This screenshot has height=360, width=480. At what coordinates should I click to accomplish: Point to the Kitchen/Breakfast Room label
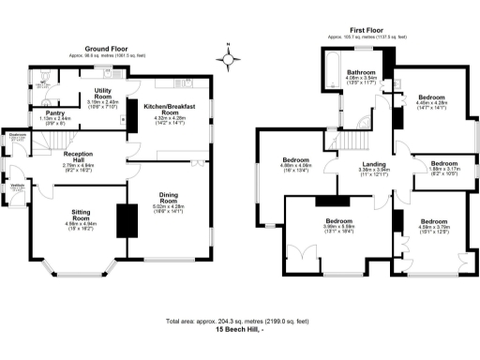click(x=170, y=111)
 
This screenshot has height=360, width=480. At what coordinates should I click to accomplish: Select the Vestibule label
click(x=17, y=184)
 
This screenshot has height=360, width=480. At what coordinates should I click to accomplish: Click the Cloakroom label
click(x=17, y=136)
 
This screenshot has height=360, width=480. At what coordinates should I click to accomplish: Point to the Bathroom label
click(x=360, y=72)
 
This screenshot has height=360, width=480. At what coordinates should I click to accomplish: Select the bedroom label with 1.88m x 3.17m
click(x=443, y=162)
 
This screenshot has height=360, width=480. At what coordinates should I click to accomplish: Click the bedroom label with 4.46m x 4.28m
click(x=432, y=97)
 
